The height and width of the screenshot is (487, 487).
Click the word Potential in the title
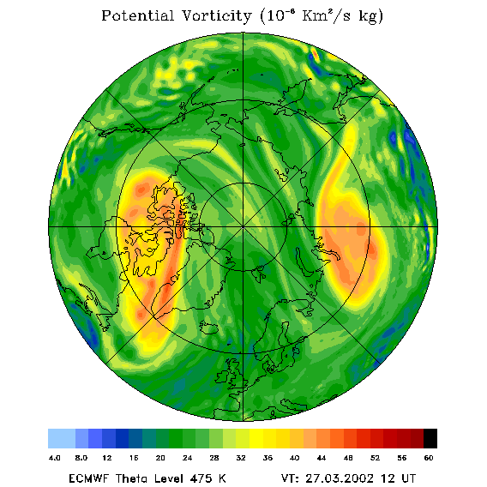tap(137, 15)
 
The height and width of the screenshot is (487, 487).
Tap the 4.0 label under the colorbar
tap(55, 458)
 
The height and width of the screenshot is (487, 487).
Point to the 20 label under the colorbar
tap(160, 458)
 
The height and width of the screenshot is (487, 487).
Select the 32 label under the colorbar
tap(241, 458)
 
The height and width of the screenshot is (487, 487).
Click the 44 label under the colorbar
tap(322, 458)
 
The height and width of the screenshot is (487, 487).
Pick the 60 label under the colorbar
tap(429, 458)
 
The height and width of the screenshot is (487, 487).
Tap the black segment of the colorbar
tap(430, 438)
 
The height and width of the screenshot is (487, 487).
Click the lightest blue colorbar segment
tap(62, 438)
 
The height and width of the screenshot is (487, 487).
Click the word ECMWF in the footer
tap(89, 478)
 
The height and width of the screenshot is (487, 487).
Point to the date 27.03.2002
tap(340, 478)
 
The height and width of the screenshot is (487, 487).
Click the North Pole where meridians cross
tap(243, 227)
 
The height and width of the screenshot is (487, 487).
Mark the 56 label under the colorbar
tap(402, 458)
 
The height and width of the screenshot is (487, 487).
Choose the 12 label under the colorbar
tap(107, 458)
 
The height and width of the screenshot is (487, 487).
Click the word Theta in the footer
tap(135, 478)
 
